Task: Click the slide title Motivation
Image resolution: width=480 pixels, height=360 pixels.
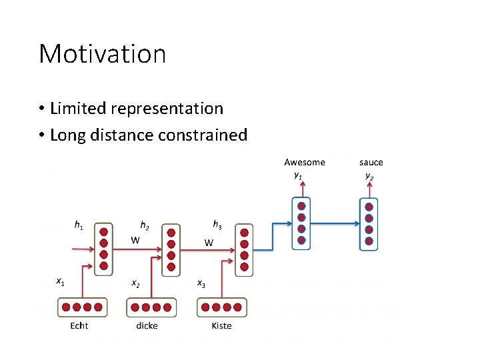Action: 102,54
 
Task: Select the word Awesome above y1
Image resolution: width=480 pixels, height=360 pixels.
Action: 305,162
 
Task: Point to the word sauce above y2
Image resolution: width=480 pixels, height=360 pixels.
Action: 371,162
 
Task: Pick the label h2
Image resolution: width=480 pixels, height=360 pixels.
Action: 144,225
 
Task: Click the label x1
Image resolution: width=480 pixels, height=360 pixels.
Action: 60,282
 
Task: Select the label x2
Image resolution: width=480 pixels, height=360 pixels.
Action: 135,283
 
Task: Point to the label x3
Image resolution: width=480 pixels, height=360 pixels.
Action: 201,283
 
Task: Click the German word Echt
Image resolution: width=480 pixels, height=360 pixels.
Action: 79,326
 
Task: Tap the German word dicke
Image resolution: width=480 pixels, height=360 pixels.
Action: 147,326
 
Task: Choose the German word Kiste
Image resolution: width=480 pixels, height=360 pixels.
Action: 221,326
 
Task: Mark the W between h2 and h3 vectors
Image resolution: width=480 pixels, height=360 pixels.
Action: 209,242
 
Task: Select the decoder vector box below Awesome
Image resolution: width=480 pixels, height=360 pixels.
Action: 301,224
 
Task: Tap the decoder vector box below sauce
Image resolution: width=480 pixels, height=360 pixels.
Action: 368,224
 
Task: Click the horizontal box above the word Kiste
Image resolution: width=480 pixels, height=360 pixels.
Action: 221,307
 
